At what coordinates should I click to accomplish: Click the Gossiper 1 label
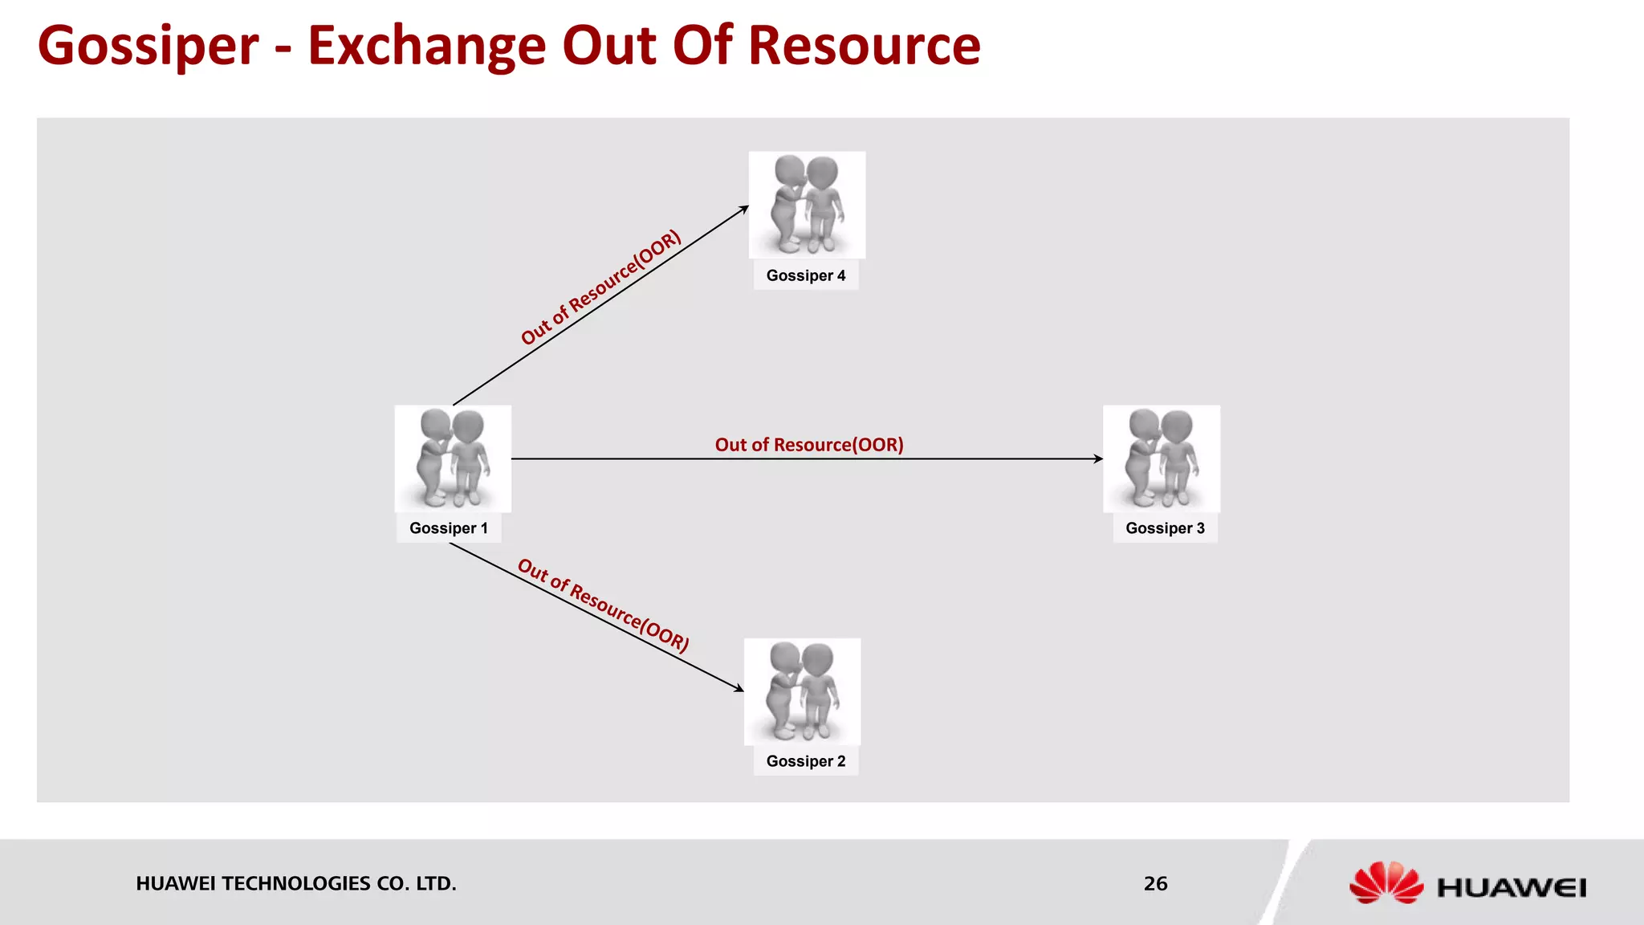tap(448, 528)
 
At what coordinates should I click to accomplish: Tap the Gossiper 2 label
tap(805, 761)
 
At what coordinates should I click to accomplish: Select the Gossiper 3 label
tap(1165, 528)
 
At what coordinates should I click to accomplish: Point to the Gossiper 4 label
tap(805, 275)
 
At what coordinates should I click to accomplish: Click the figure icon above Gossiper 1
tap(453, 458)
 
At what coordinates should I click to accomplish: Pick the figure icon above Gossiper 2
tap(802, 691)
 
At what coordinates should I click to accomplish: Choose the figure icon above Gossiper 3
tap(1162, 458)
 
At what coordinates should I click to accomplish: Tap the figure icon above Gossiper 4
tap(807, 205)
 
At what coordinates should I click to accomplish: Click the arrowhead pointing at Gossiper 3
tap(1097, 458)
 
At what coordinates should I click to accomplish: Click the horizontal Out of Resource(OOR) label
tap(809, 445)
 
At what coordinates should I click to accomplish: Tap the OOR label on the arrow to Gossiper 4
tap(600, 287)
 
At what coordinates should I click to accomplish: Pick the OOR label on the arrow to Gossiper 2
tap(603, 605)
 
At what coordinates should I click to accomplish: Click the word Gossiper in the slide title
tap(149, 46)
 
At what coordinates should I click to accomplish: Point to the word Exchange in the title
tap(427, 46)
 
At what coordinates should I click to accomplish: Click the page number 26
tap(1155, 883)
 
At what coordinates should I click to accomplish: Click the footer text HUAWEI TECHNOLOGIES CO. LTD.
tap(295, 883)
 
